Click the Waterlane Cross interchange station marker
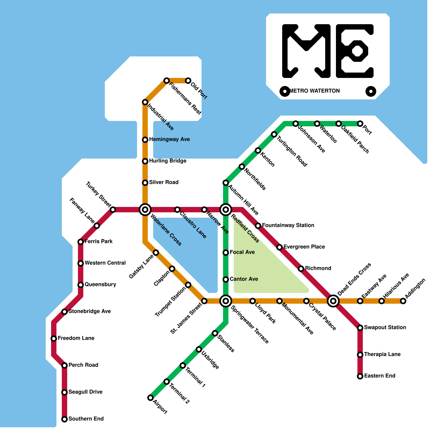[x=145, y=210]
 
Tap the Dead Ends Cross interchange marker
[x=333, y=301]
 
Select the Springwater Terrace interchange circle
[x=226, y=301]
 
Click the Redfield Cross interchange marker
[x=226, y=210]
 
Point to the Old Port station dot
[x=188, y=81]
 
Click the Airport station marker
[x=150, y=398]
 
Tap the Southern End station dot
[x=64, y=419]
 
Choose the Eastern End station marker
[x=360, y=376]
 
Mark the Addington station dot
[x=403, y=301]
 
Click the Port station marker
[x=360, y=124]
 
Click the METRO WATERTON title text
[x=315, y=91]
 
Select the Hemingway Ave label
[x=169, y=139]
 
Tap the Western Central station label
[x=105, y=263]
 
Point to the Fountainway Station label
[x=288, y=225]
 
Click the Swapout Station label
[x=385, y=328]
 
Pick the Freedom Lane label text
[x=76, y=338]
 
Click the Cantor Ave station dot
[x=226, y=279]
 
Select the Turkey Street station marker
[x=113, y=210]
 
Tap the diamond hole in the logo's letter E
[x=357, y=51]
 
